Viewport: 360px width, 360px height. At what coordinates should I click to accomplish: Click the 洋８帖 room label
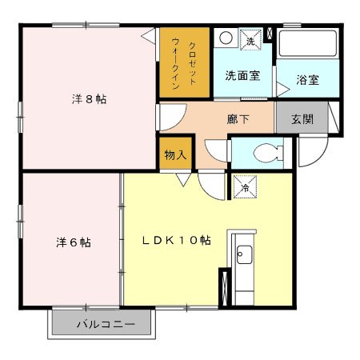pyautogui.click(x=89, y=99)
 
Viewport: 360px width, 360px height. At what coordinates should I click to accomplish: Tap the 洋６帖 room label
pyautogui.click(x=74, y=242)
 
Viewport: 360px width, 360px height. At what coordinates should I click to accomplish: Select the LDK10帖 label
pyautogui.click(x=176, y=240)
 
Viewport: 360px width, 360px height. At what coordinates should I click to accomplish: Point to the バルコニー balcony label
pyautogui.click(x=106, y=324)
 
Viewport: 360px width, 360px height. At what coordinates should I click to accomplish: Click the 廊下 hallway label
pyautogui.click(x=238, y=119)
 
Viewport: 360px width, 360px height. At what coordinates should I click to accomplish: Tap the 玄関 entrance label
pyautogui.click(x=302, y=119)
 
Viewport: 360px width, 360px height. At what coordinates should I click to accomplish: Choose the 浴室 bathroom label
pyautogui.click(x=307, y=80)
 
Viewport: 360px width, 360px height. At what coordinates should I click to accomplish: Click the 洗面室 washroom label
pyautogui.click(x=242, y=76)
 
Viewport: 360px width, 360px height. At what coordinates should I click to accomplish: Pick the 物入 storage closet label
pyautogui.click(x=175, y=154)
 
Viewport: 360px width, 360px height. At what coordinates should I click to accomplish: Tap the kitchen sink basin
pyautogui.click(x=244, y=254)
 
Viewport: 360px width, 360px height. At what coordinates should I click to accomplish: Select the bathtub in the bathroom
pyautogui.click(x=308, y=44)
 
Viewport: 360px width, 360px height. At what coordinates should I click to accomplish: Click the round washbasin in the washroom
pyautogui.click(x=226, y=38)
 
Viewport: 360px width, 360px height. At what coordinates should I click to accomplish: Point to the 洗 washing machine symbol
pyautogui.click(x=250, y=39)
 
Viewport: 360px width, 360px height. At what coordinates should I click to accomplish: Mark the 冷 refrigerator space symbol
pyautogui.click(x=245, y=186)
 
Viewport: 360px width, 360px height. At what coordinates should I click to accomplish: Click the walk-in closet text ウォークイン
pyautogui.click(x=175, y=63)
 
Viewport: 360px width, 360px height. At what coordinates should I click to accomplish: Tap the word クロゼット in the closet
pyautogui.click(x=192, y=63)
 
